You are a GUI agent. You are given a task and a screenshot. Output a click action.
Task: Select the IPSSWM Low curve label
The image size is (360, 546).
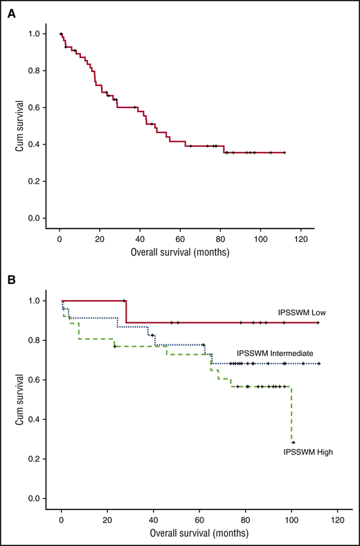pyautogui.click(x=302, y=313)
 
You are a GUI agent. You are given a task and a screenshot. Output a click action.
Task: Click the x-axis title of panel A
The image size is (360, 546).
pyautogui.click(x=179, y=254)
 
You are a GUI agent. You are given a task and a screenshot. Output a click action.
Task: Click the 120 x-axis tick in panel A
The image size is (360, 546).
pyautogui.click(x=300, y=239)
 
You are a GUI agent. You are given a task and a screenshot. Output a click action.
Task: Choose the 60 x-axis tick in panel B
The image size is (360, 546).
pyautogui.click(x=199, y=519)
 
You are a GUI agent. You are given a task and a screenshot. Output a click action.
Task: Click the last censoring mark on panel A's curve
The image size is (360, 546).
pyautogui.click(x=285, y=152)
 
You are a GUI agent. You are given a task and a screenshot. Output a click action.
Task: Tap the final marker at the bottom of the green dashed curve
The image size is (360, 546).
pyautogui.click(x=294, y=442)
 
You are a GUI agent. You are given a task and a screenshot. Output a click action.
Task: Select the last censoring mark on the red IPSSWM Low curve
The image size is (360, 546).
pyautogui.click(x=318, y=322)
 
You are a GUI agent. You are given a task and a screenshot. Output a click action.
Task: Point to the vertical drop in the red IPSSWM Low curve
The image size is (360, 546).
pyautogui.click(x=126, y=312)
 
